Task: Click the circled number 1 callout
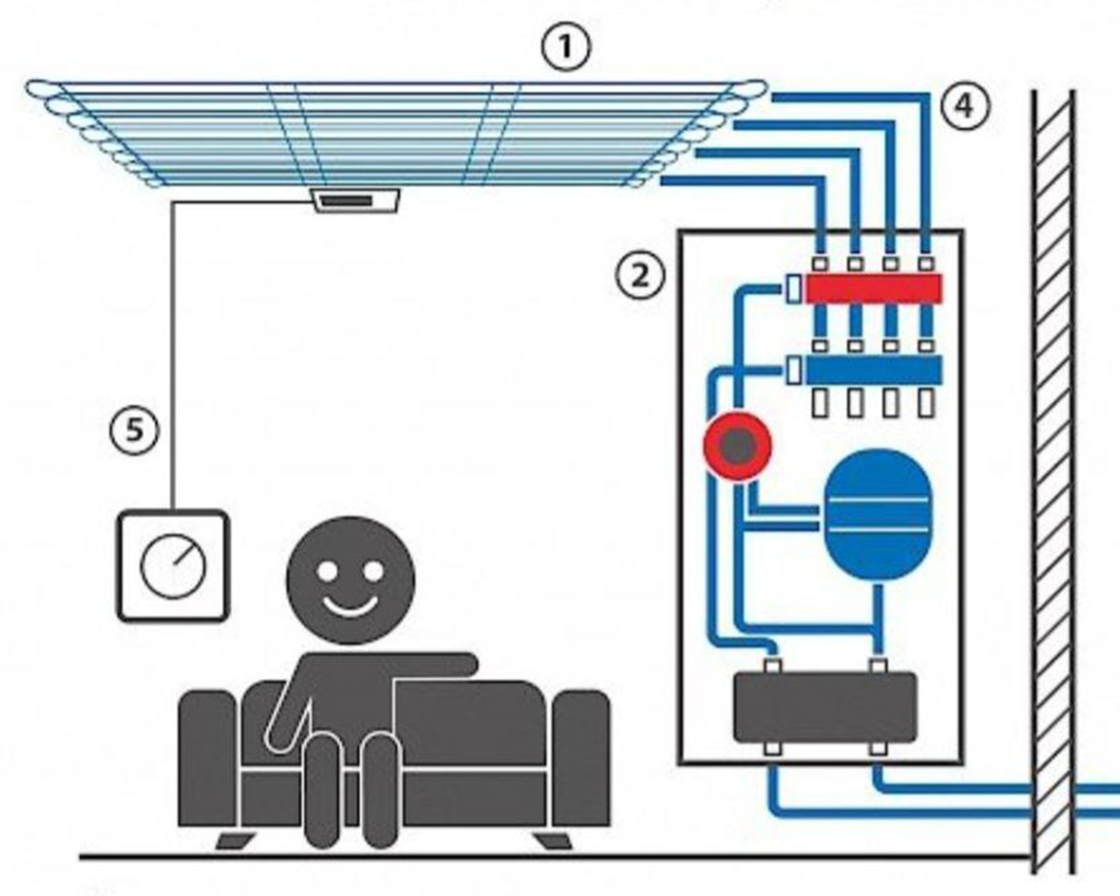[566, 47]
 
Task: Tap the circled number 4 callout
[964, 106]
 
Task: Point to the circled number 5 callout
[135, 430]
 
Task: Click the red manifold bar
[874, 289]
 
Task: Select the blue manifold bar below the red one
[874, 370]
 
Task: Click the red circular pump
[738, 446]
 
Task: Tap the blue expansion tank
[878, 514]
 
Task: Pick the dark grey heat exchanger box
[825, 707]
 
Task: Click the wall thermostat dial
[173, 565]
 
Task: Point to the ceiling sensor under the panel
[356, 200]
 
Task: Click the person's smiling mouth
[350, 605]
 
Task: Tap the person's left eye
[327, 571]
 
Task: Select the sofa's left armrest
[207, 758]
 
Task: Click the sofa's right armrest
[581, 758]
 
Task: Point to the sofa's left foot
[235, 840]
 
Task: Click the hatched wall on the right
[1053, 481]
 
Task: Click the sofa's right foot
[554, 840]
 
